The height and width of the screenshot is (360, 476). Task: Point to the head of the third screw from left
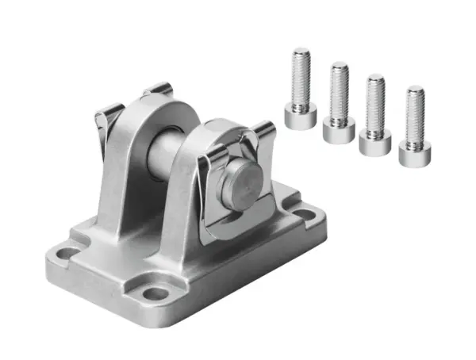(374, 143)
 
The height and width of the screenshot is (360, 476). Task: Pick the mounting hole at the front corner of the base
(156, 293)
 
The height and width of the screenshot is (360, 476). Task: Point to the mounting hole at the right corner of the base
(304, 213)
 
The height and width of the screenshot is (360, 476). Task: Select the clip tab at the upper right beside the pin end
(263, 131)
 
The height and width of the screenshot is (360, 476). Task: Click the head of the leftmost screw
(301, 117)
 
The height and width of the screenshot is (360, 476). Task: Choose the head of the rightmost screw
(413, 155)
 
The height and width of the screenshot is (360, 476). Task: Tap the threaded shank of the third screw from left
(375, 103)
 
